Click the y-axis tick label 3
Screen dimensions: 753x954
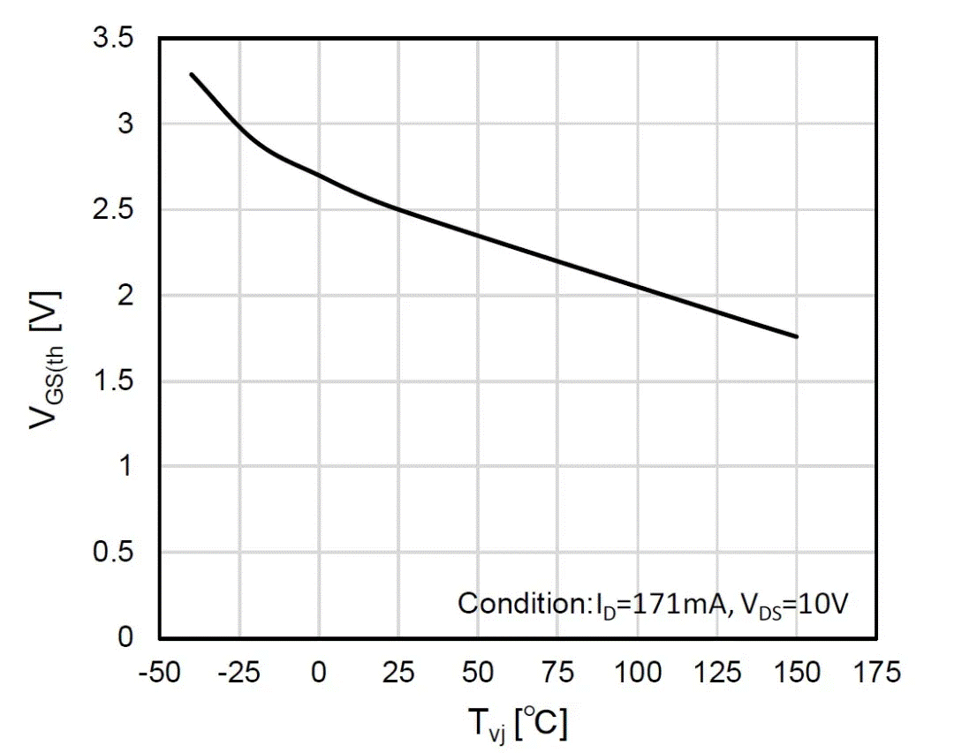[125, 125]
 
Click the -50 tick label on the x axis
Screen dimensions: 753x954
[158, 673]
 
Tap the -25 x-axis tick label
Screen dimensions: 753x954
[238, 673]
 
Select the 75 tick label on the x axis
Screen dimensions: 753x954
[557, 673]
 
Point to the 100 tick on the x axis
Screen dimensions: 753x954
[637, 673]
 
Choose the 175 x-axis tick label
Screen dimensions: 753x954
[876, 673]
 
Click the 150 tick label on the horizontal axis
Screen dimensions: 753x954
[797, 673]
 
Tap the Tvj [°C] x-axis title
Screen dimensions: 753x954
[517, 725]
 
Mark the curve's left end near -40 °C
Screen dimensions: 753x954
[192, 74]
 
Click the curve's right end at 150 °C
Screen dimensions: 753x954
[797, 336]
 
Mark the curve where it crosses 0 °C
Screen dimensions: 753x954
[318, 176]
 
